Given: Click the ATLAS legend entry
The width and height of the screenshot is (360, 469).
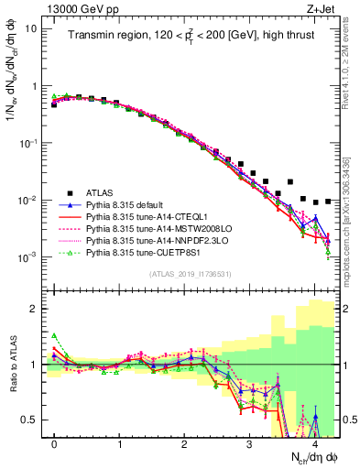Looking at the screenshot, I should pos(108,192).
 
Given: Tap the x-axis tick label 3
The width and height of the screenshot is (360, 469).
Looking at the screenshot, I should pos(249,443).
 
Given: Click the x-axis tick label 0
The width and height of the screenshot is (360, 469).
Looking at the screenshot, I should pos(54,443).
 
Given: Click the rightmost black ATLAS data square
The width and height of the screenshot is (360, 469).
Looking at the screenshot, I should pos(328,201).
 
